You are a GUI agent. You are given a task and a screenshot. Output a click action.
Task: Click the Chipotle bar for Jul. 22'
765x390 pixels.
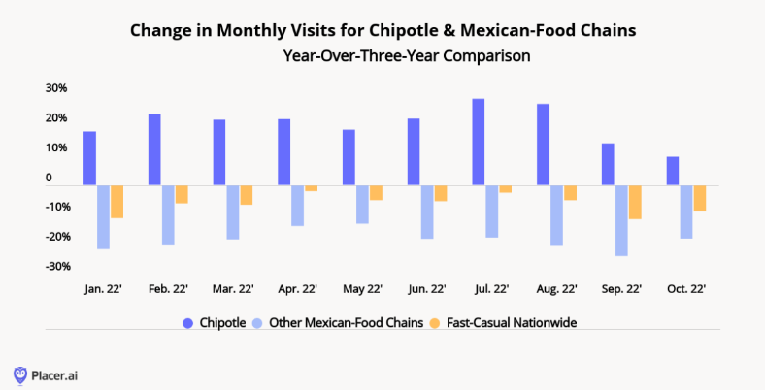coord(479,142)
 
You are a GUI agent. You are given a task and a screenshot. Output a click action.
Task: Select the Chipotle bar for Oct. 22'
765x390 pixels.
coord(673,171)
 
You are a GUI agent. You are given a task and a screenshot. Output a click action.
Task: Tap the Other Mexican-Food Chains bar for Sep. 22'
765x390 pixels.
coord(621,220)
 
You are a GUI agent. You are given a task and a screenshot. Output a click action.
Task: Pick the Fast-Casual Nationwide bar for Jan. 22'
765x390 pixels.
coord(116,202)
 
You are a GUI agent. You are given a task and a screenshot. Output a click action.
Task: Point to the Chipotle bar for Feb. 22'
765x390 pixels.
coord(154,149)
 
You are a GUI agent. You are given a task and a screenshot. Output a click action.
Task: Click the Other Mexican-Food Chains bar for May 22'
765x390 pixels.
coord(362,205)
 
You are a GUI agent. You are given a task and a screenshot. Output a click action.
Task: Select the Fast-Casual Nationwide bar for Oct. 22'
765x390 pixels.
coord(699,198)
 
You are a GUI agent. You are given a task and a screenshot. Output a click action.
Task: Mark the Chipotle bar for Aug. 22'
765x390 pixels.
coord(543,145)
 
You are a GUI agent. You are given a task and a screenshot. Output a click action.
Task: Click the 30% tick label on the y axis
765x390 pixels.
coord(55,88)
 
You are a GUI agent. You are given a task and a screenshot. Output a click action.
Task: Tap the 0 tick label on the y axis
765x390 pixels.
coord(48,179)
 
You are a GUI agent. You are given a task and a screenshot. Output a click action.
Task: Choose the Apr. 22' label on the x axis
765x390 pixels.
coord(297,289)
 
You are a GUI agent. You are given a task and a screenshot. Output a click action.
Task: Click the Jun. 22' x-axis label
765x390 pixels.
coord(426,289)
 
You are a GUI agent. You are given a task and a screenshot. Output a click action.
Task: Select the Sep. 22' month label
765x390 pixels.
coord(621,289)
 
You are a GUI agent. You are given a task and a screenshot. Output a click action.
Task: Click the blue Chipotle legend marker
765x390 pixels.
coord(187,323)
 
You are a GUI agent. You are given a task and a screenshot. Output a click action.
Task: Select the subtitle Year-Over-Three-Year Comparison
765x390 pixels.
coord(406,55)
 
